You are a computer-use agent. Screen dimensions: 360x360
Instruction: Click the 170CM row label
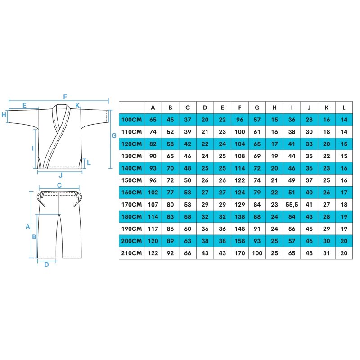(131, 205)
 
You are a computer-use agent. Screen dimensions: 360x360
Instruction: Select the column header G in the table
(257, 108)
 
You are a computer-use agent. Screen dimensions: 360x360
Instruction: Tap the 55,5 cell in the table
(292, 205)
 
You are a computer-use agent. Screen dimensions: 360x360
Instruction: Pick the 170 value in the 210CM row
(240, 253)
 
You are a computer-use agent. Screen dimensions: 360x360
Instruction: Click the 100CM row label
(131, 120)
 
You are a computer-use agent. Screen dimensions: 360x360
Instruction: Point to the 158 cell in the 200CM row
(240, 241)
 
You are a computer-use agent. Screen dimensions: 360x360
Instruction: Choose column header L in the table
(344, 108)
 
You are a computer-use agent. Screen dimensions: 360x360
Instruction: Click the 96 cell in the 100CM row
(240, 120)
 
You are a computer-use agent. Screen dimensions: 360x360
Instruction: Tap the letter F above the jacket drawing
(65, 97)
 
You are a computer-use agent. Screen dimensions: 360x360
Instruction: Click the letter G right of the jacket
(114, 136)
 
